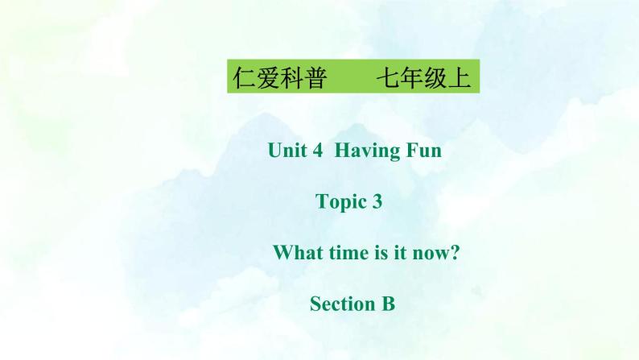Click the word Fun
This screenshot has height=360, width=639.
(x=423, y=150)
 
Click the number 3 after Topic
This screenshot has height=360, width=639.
(x=377, y=202)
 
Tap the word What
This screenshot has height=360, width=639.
(x=299, y=253)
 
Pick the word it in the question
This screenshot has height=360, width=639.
(x=406, y=253)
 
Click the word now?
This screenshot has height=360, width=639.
(x=439, y=253)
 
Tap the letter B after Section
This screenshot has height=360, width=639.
(x=388, y=304)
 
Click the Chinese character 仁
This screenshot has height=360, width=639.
(x=243, y=80)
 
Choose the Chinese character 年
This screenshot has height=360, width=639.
(x=410, y=80)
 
